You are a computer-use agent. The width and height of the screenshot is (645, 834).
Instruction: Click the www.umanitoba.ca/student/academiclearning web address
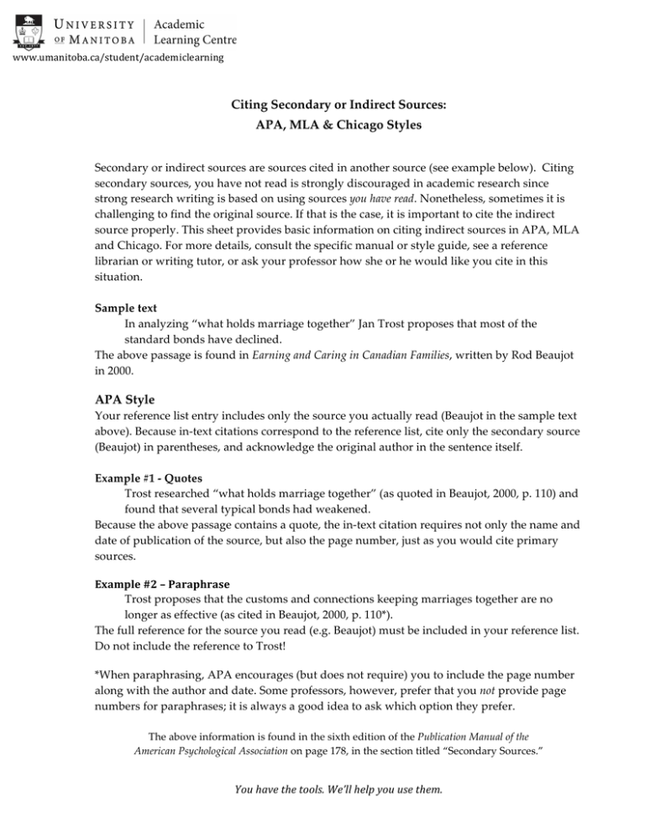pyautogui.click(x=118, y=58)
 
